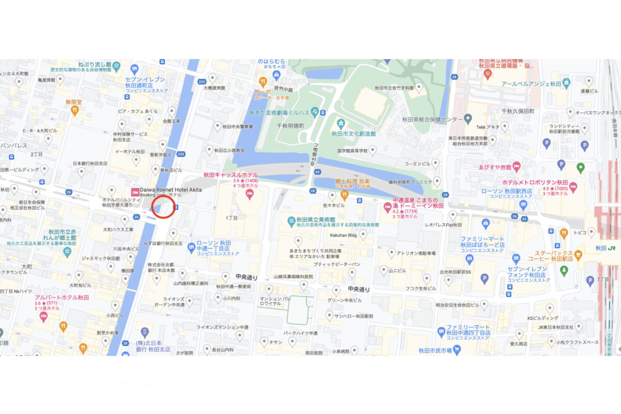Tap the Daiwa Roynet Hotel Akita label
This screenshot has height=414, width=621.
171,190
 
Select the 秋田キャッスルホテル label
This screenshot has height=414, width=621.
230,175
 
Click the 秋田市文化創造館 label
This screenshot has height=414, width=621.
353,134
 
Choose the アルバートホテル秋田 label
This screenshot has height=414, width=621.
62,298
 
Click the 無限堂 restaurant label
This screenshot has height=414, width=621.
74,102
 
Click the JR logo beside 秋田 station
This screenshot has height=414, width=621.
611,248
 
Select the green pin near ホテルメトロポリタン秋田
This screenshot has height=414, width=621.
581,167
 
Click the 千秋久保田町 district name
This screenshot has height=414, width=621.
517,111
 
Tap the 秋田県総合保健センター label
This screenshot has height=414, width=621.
432,120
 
